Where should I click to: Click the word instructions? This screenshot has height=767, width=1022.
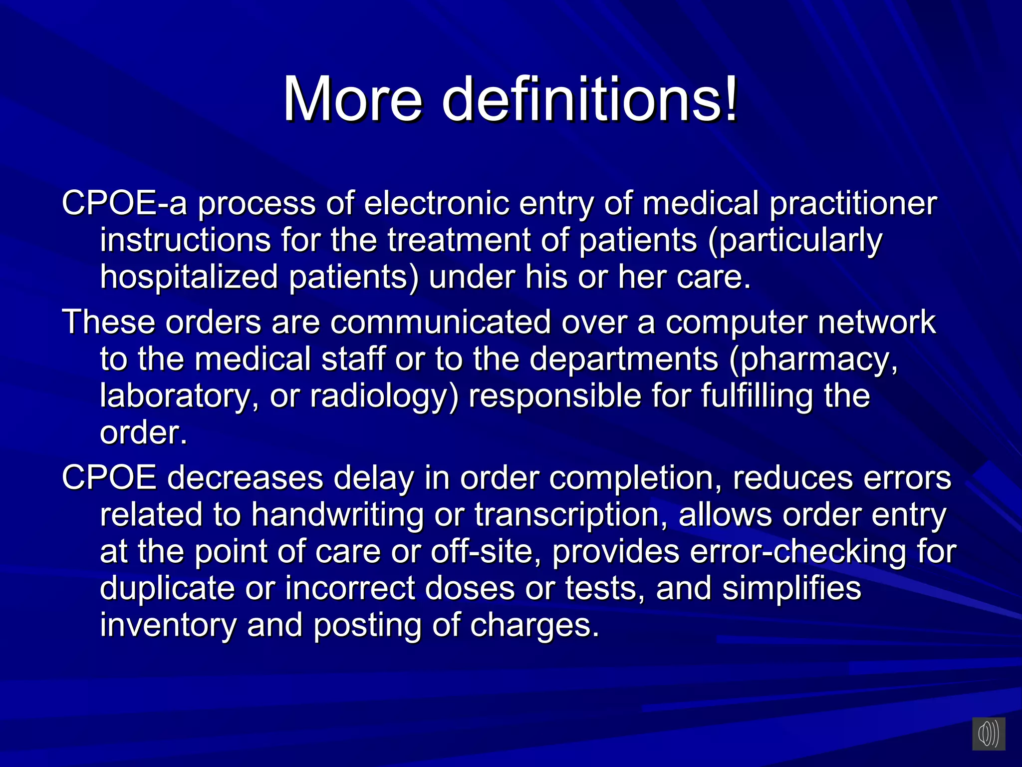[x=185, y=240]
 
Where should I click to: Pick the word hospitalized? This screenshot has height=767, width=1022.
[x=189, y=277]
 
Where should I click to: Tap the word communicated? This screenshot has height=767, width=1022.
[x=440, y=322]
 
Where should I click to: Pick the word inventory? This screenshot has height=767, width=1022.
[x=168, y=626]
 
